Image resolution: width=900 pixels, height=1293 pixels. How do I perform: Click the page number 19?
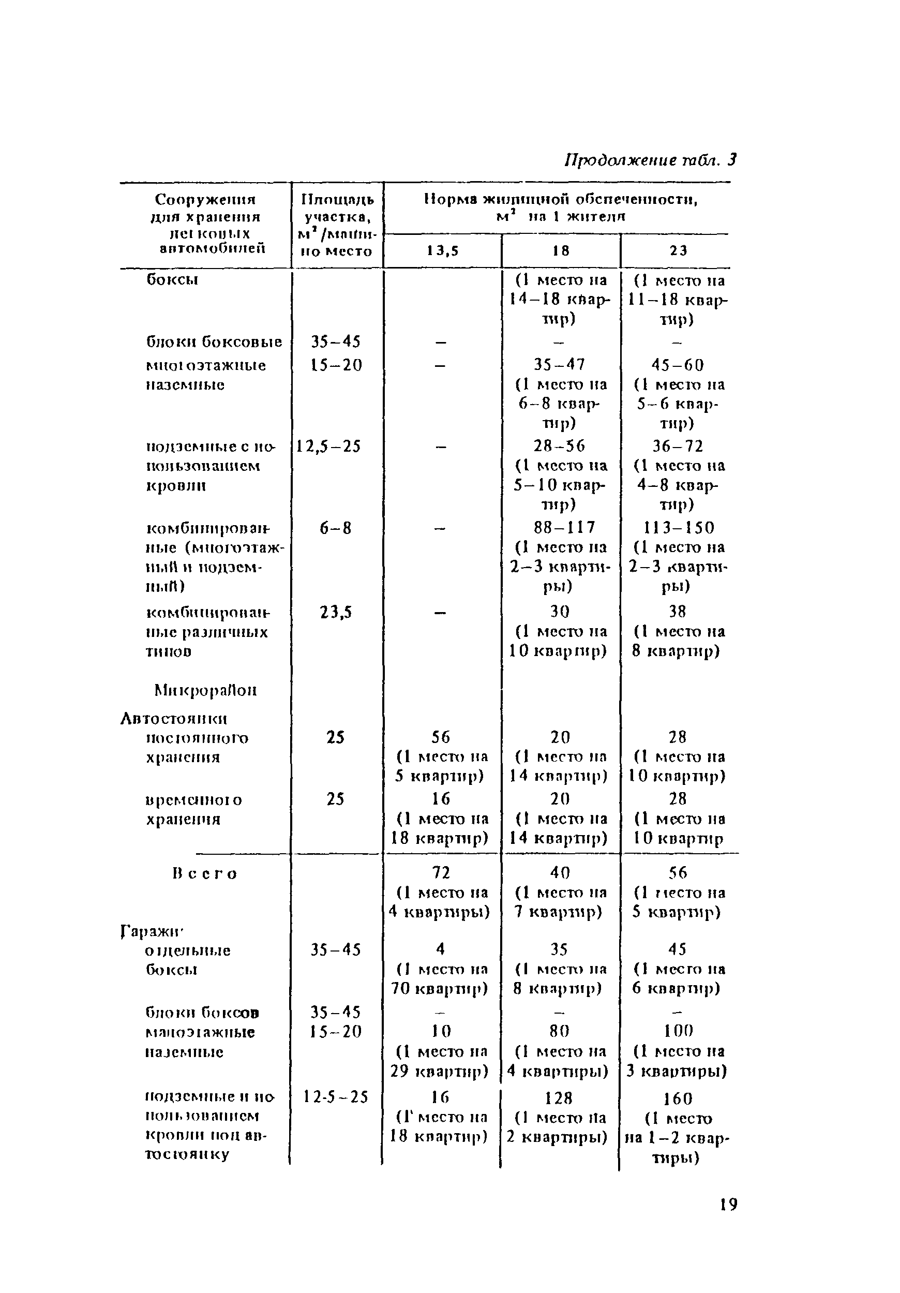(x=728, y=1204)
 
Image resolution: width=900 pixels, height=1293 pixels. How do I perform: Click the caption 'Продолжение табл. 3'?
(x=650, y=160)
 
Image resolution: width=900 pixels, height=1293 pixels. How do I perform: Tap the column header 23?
(x=678, y=251)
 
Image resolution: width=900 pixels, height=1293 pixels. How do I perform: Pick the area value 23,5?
(x=336, y=612)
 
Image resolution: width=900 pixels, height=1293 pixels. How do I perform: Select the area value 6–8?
(x=336, y=528)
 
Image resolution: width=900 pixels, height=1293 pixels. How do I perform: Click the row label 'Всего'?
(x=205, y=873)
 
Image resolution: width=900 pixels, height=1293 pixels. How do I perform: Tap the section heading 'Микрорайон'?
(x=205, y=690)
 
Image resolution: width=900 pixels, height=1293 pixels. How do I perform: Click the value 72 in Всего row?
(x=441, y=872)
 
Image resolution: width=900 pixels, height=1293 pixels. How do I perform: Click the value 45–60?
(x=678, y=365)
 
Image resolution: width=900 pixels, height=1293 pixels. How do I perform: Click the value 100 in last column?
(x=678, y=1031)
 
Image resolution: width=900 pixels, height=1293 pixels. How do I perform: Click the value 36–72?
(x=678, y=446)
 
